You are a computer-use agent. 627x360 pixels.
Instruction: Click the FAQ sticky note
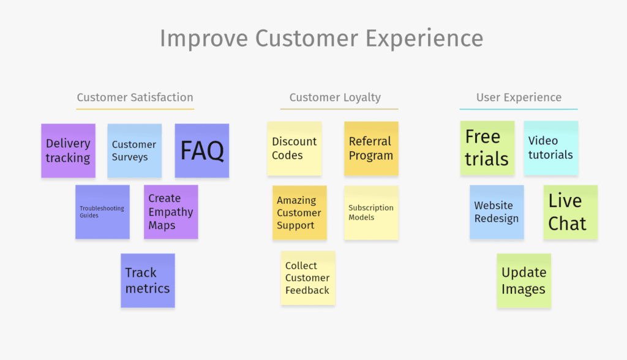coord(202,151)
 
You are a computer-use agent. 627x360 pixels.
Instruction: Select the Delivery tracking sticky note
coord(68,151)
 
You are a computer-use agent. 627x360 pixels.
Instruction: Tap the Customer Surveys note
coord(135,151)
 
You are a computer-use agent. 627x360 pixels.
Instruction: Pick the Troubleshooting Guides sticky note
coord(102,212)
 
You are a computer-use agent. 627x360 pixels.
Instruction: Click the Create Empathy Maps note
coord(171,212)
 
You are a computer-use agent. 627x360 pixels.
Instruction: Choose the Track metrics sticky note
coord(148,280)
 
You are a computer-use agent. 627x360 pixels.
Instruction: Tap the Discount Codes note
coord(295,148)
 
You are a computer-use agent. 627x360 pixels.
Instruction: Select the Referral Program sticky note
coord(371,148)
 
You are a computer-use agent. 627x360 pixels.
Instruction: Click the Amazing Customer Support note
coord(299,212)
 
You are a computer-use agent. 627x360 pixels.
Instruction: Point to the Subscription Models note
coord(371,212)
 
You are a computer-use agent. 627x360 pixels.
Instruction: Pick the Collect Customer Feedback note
coord(308,277)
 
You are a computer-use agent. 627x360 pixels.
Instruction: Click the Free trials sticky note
coord(487,148)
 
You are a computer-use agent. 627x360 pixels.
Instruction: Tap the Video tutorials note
coord(551,148)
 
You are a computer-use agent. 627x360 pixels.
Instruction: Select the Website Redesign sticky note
coord(497,212)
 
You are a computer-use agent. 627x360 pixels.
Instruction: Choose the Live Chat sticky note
coord(570,212)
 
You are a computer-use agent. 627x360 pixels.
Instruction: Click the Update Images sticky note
coord(524,280)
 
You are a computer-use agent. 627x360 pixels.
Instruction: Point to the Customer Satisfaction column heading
coord(135,97)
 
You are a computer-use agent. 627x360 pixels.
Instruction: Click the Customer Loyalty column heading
coord(335,97)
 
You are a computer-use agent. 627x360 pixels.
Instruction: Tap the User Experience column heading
coord(519,97)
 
